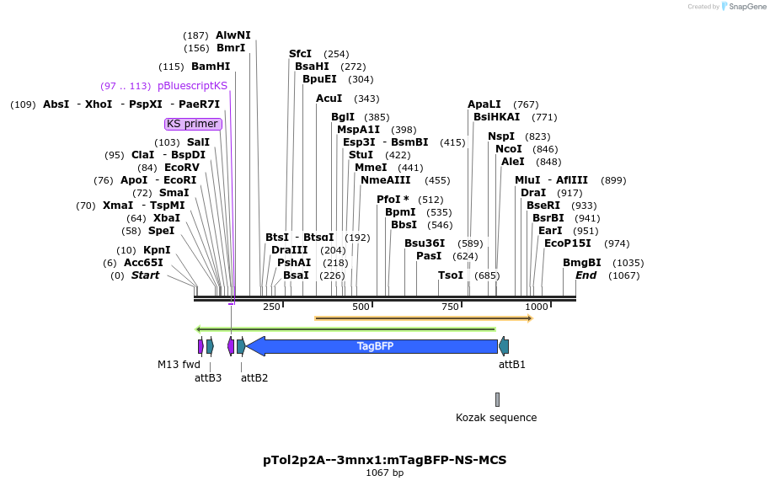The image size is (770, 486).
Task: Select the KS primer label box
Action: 193,124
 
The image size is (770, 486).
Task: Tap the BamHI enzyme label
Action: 210,67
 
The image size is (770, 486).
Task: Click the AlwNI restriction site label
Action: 233,35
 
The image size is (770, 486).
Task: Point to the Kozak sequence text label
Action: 496,418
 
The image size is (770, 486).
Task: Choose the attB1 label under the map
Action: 512,364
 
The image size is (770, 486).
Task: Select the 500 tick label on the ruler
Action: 361,307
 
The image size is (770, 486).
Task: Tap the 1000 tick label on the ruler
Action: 537,307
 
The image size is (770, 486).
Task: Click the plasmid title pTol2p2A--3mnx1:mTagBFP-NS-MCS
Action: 384,460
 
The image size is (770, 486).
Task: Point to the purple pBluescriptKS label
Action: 192,86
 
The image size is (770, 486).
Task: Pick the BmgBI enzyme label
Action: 582,263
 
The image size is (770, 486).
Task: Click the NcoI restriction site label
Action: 509,149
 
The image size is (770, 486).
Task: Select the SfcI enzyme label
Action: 301,54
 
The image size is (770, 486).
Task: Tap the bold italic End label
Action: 586,275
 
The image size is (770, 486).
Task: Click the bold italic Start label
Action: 145,275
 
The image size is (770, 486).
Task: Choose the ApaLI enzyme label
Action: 484,104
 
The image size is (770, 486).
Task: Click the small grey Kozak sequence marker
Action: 497,399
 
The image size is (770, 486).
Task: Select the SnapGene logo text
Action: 746,7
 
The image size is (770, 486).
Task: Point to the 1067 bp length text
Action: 384,473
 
